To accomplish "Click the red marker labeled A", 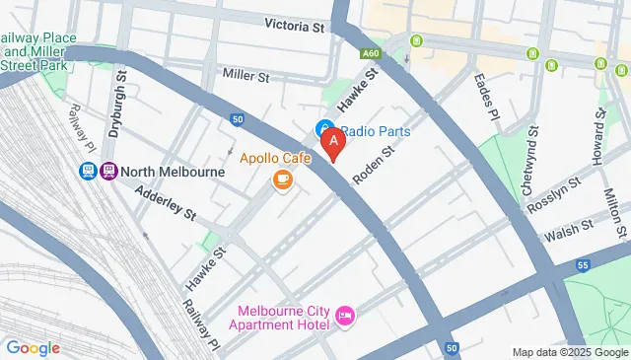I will tap(334, 144).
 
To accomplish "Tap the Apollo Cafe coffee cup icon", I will tap(283, 179).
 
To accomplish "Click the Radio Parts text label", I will tap(377, 130).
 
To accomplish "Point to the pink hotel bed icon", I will tap(345, 316).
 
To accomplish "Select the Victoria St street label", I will tap(295, 27).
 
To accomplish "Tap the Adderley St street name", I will tap(166, 203).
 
